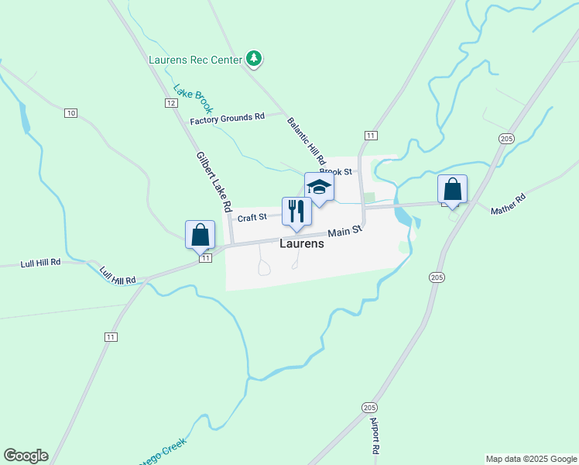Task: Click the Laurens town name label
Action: pos(301,243)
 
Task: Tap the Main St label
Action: pos(344,231)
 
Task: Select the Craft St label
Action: pos(252,218)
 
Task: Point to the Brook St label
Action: pos(336,171)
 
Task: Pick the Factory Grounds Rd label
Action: pos(228,118)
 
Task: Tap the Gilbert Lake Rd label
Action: pos(214,182)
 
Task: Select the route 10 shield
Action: pos(70,113)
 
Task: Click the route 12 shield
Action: pos(170,102)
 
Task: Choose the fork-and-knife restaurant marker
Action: pos(296,212)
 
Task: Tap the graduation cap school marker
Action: pos(319,187)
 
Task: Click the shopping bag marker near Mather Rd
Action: pos(452,190)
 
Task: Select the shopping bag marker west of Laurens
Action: pos(200,234)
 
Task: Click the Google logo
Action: pos(26,456)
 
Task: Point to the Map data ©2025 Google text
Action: pos(531,459)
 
